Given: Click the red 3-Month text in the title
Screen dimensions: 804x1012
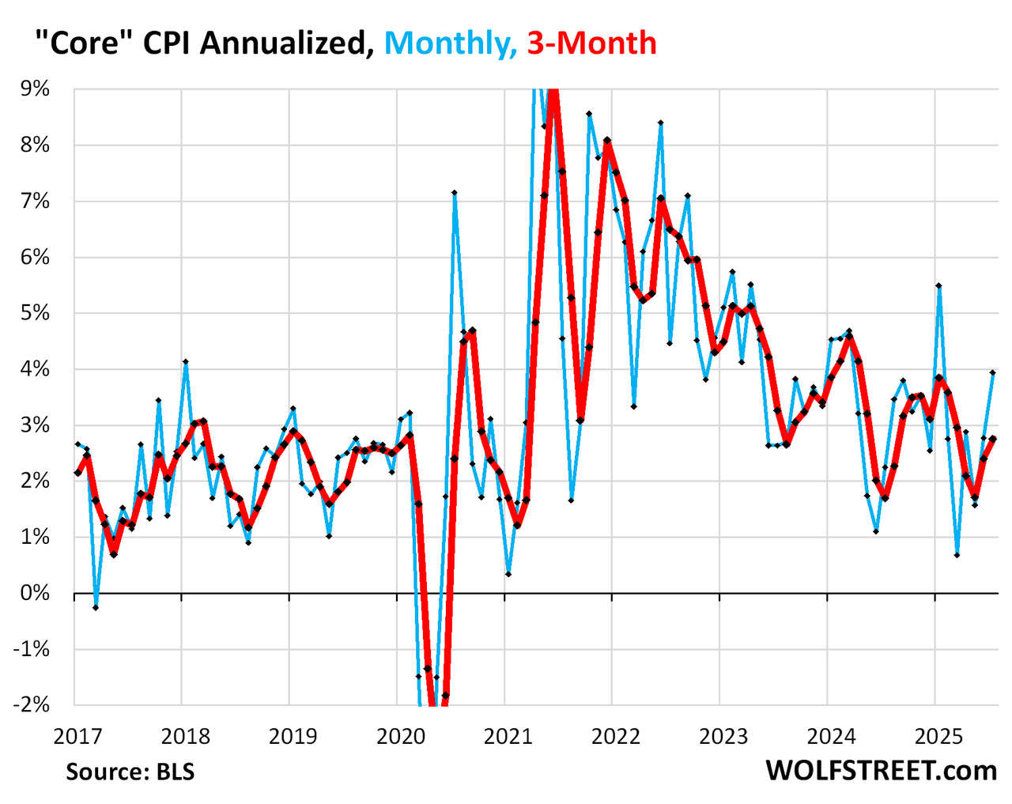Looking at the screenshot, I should tap(591, 43).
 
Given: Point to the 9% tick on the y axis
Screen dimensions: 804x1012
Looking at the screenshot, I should tap(35, 89).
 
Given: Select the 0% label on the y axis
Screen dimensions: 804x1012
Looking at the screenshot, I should tap(35, 593).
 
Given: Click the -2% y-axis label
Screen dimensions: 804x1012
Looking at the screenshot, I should tap(32, 705).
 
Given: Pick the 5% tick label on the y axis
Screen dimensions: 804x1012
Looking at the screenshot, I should tap(35, 313).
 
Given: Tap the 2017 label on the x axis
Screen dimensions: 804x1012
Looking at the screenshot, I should tap(77, 737).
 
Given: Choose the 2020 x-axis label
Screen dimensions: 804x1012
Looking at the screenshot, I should tap(400, 737).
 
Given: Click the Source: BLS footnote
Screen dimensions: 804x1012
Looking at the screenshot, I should tap(130, 771).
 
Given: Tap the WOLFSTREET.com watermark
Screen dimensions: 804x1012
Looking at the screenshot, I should tap(881, 770).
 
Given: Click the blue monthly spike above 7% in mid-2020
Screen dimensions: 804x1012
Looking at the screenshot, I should tap(455, 192).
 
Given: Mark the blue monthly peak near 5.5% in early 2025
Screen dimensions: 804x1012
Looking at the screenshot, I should tap(938, 285).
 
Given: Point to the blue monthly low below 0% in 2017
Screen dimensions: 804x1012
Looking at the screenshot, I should tap(96, 607).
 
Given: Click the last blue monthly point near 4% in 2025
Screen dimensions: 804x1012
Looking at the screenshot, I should tap(993, 372).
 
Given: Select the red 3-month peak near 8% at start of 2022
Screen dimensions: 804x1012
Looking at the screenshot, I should tap(607, 140).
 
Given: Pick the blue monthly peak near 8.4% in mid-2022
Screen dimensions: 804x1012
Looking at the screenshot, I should tap(661, 123).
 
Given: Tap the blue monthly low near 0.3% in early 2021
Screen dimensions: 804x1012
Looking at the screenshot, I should tap(508, 574).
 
